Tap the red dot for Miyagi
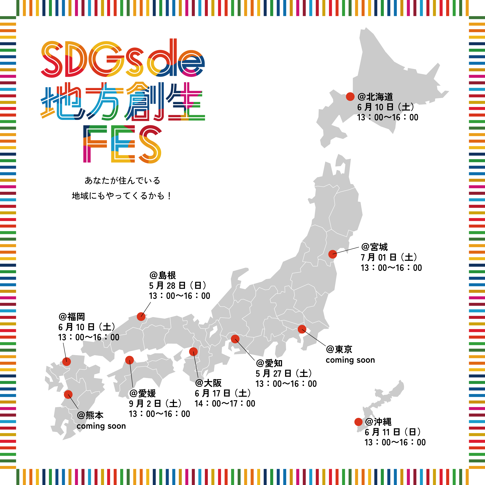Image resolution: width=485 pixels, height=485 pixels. pos(333,254)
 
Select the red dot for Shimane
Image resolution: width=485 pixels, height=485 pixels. pos(141,316)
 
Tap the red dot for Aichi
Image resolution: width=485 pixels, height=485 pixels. pos(235,339)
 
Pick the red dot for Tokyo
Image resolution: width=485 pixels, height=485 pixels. pos(302,329)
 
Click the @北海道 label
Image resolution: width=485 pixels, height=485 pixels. pos(375,97)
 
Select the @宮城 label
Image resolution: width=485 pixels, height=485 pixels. pos(374,247)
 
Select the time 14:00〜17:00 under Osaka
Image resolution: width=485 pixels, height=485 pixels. pos(225,403)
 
